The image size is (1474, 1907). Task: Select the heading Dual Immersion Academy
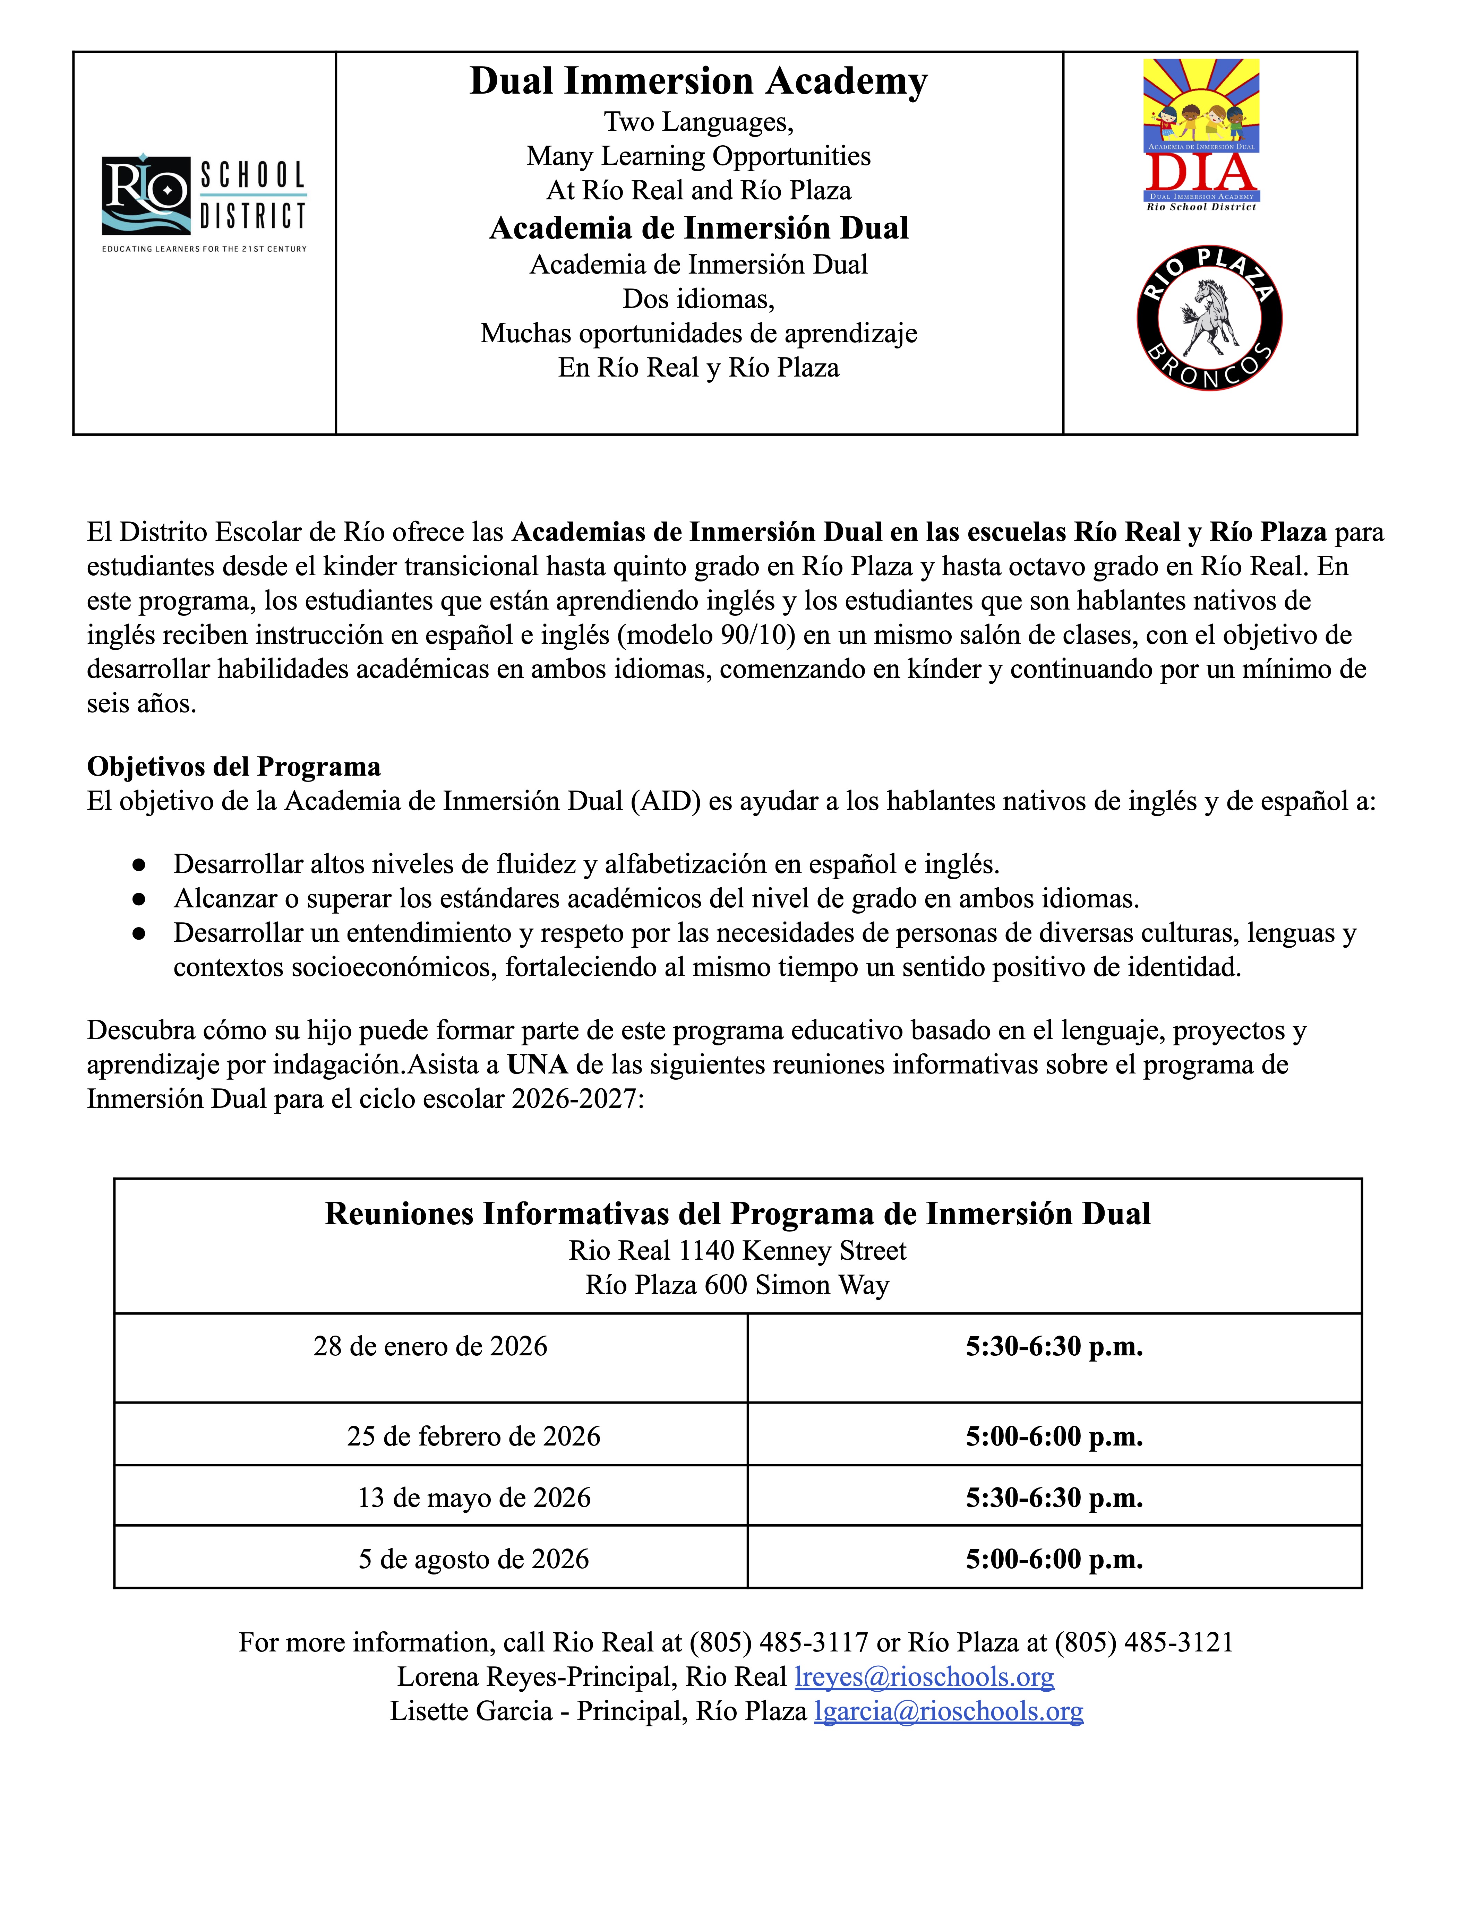699,81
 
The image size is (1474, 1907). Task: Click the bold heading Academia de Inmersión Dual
699,228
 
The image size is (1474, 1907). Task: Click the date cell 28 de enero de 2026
430,1346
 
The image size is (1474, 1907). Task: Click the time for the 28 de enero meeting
1054,1346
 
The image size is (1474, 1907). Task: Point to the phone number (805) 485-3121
1144,1642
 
